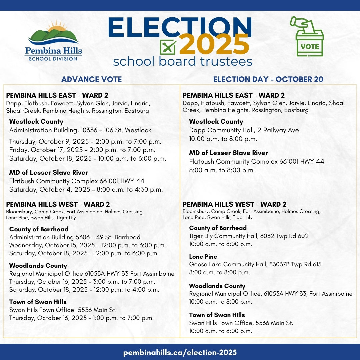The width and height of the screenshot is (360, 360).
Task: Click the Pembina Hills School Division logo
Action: pyautogui.click(x=53, y=41)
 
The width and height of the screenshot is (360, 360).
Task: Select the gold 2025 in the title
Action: pyautogui.click(x=214, y=45)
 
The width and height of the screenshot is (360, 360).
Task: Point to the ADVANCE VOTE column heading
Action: pyautogui.click(x=91, y=79)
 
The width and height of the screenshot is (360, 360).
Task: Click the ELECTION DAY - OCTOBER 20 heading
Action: pyautogui.click(x=268, y=79)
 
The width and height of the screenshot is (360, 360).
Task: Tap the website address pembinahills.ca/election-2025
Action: pyautogui.click(x=180, y=352)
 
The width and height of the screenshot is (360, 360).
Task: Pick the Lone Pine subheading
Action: pyautogui.click(x=203, y=257)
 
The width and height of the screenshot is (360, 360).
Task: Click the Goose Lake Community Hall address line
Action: pyautogui.click(x=255, y=264)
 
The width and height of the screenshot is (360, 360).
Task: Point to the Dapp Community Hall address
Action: pyautogui.click(x=245, y=130)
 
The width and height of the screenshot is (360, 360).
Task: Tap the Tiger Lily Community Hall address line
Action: pyautogui.click(x=249, y=236)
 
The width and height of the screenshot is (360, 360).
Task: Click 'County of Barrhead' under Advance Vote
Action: pyautogui.click(x=39, y=229)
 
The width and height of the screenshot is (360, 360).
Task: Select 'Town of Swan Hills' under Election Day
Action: pyautogui.click(x=217, y=315)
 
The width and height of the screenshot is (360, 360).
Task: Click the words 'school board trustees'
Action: pyautogui.click(x=182, y=61)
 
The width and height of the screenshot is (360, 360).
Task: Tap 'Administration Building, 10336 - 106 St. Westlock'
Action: pyautogui.click(x=80, y=130)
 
